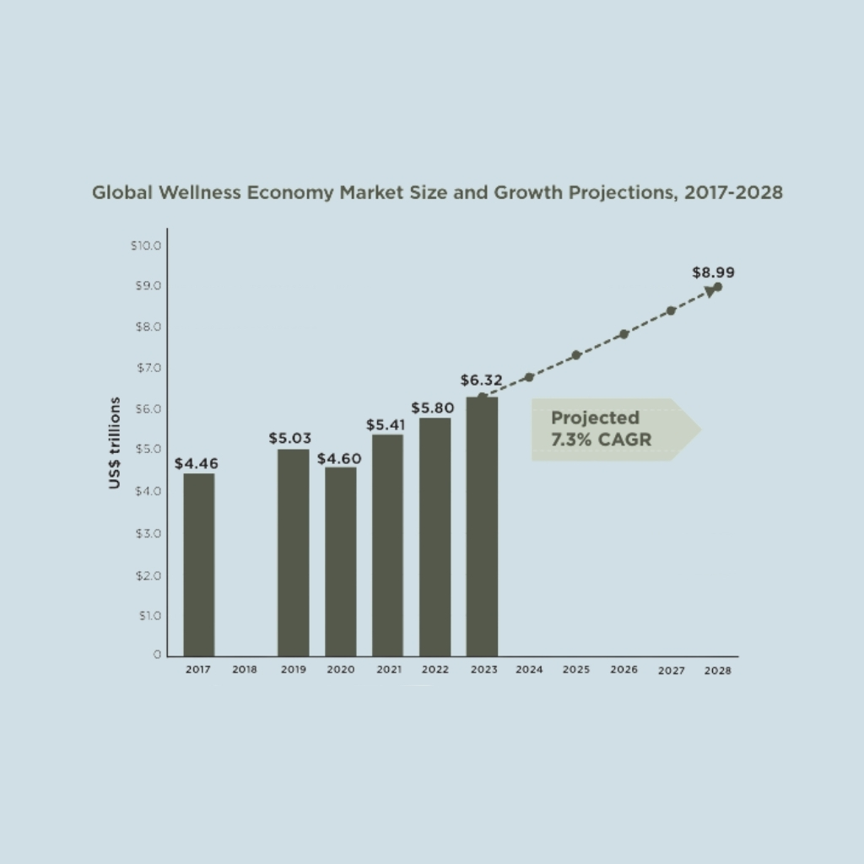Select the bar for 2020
[340, 561]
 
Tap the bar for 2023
[481, 526]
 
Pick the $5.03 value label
[290, 439]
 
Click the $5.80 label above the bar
[433, 408]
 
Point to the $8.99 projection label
[713, 273]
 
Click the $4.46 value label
[196, 463]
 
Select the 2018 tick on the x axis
[245, 670]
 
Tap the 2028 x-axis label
[717, 671]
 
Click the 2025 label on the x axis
[575, 670]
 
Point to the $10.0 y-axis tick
[145, 246]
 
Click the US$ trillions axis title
[114, 443]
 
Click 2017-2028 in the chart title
[733, 192]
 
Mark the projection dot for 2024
[529, 377]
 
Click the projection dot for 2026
[624, 334]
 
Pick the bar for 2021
[387, 545]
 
